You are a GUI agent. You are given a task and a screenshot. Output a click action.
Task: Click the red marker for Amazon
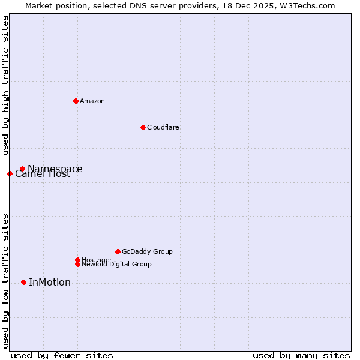[x=76, y=101]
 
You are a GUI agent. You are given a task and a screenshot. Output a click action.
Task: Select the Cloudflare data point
[x=143, y=127]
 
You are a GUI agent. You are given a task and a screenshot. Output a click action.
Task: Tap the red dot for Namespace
[x=22, y=169]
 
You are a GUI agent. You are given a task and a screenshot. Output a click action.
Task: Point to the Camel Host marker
[x=10, y=173]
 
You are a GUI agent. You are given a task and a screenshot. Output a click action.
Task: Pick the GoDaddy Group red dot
[x=118, y=251]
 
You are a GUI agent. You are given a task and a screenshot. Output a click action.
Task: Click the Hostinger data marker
[x=77, y=260]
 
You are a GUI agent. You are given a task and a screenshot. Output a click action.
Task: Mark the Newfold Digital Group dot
[x=77, y=264]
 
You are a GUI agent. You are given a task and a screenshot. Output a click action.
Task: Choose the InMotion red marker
[x=23, y=282]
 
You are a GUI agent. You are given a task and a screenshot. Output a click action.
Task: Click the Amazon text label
[x=92, y=101]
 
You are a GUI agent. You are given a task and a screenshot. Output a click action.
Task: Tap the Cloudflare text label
[x=163, y=127]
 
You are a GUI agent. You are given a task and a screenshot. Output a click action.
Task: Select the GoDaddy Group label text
[x=147, y=251]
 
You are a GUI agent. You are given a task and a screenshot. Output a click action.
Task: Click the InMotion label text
[x=50, y=283]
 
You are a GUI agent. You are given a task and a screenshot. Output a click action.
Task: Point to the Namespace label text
[x=55, y=169]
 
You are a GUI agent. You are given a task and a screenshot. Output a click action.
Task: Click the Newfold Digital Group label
[x=116, y=265]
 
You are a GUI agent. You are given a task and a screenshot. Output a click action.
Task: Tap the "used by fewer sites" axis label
[x=62, y=355]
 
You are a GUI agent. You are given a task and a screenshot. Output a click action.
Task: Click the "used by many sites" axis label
[x=301, y=355]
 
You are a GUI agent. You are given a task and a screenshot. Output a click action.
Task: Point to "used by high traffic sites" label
[x=5, y=86]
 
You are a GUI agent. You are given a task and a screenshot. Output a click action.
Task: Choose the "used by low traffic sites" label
[x=5, y=281]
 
